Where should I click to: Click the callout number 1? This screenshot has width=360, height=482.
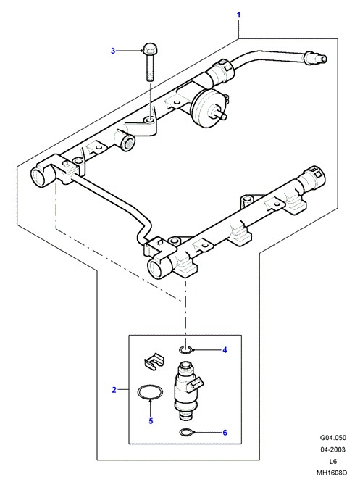pyautogui.click(x=238, y=14)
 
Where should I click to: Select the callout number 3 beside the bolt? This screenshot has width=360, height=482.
pyautogui.click(x=113, y=51)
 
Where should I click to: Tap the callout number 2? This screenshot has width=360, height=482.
pyautogui.click(x=114, y=390)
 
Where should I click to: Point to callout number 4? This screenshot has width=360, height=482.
pyautogui.click(x=225, y=350)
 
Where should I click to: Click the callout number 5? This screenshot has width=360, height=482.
pyautogui.click(x=151, y=421)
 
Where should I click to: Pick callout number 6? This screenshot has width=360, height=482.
pyautogui.click(x=225, y=433)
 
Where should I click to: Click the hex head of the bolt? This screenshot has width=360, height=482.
pyautogui.click(x=150, y=49)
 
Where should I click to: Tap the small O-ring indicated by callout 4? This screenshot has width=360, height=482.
pyautogui.click(x=186, y=349)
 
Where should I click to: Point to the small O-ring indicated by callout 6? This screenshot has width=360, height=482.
pyautogui.click(x=186, y=433)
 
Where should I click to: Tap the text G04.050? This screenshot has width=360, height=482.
pyautogui.click(x=332, y=438)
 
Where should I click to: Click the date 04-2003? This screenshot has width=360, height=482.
pyautogui.click(x=332, y=449)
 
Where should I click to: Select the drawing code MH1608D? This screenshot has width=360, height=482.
pyautogui.click(x=332, y=473)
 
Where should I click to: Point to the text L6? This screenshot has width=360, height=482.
pyautogui.click(x=332, y=461)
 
